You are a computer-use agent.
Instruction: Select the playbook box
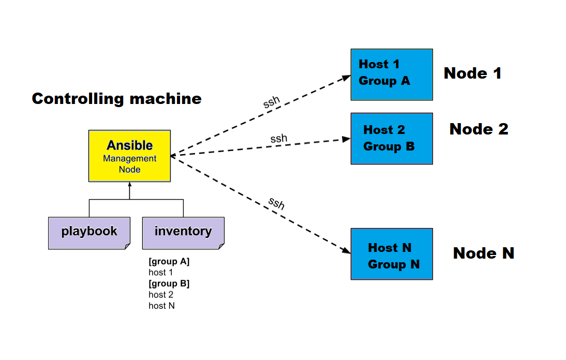click(x=89, y=233)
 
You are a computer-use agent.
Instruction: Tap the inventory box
click(x=183, y=233)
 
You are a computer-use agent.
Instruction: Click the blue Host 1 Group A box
click(x=392, y=74)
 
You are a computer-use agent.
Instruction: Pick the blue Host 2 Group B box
click(x=392, y=138)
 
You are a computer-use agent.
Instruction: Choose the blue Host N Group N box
click(x=392, y=254)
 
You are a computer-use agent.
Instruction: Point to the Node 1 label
click(x=472, y=73)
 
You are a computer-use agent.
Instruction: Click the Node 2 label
click(x=479, y=129)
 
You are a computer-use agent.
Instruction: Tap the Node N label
click(x=483, y=253)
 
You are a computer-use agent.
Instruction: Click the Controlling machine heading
click(x=116, y=99)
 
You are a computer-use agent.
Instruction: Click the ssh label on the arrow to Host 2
click(x=278, y=139)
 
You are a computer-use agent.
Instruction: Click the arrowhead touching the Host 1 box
click(x=347, y=78)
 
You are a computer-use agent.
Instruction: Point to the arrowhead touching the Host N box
click(x=347, y=251)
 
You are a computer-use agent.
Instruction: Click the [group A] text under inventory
click(x=169, y=262)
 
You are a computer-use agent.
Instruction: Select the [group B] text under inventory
click(x=169, y=283)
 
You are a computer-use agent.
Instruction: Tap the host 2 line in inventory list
click(x=161, y=295)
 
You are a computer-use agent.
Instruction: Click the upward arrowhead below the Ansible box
click(x=129, y=185)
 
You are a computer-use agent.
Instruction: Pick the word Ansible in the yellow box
click(x=129, y=145)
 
